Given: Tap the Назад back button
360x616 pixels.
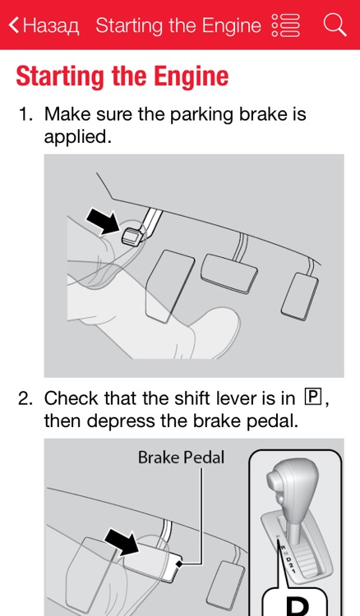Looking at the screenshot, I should (x=44, y=25).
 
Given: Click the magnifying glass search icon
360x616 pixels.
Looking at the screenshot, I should (x=335, y=25).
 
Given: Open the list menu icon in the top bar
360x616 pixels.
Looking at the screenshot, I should (x=285, y=25).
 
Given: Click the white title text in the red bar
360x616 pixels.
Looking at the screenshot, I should (x=178, y=25).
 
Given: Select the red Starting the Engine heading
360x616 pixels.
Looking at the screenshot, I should (x=122, y=76).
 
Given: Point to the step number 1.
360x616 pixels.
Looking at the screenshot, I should (x=25, y=114).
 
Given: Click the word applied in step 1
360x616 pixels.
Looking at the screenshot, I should (x=76, y=136).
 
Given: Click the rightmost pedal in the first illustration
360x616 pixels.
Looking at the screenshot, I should (x=298, y=296).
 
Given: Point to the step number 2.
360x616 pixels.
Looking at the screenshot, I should (x=25, y=399).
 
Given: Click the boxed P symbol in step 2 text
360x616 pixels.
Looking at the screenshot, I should (x=312, y=398).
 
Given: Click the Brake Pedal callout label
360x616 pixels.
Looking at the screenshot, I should (x=181, y=457).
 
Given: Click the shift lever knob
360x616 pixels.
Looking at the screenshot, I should (x=293, y=489).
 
